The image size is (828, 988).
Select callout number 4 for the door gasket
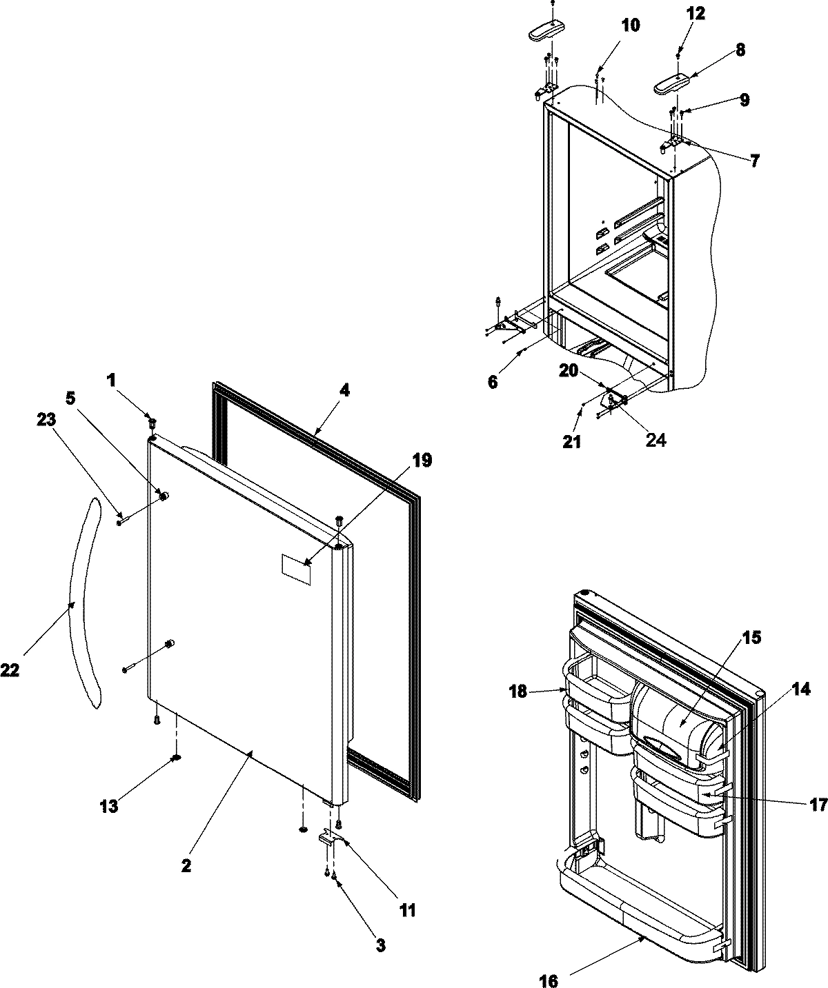[x=344, y=391]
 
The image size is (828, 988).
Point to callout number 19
[x=422, y=461]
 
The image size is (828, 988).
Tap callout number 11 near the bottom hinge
[x=407, y=910]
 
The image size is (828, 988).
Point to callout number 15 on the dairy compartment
[x=752, y=638]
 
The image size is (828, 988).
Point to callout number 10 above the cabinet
[x=630, y=26]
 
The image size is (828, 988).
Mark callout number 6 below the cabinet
[x=493, y=382]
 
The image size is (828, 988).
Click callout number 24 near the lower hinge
[x=655, y=441]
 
